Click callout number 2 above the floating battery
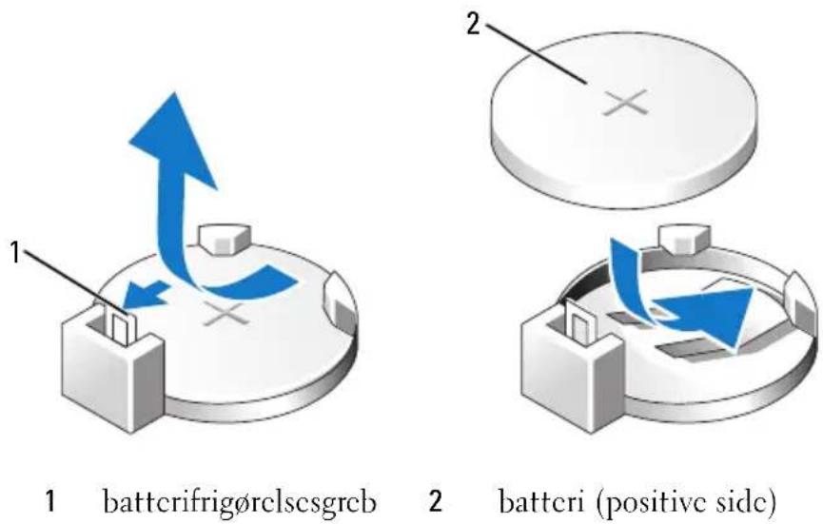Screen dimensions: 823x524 pyautogui.click(x=474, y=24)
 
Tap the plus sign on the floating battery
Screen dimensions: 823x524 pyautogui.click(x=625, y=103)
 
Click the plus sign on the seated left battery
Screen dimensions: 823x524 pyautogui.click(x=225, y=313)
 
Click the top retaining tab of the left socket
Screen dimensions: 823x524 pyautogui.click(x=225, y=239)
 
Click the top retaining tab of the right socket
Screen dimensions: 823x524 pyautogui.click(x=684, y=238)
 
